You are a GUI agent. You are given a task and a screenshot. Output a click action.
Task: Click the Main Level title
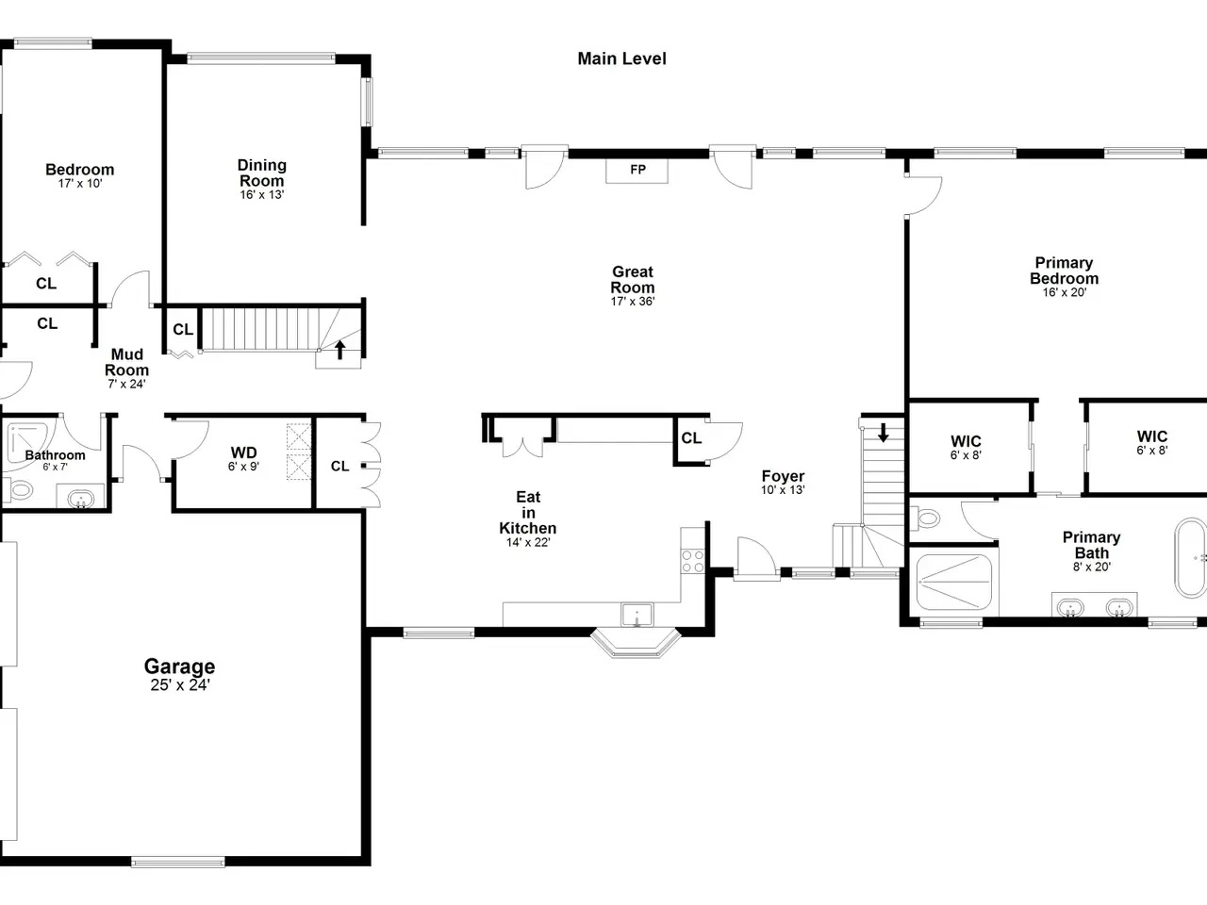click(621, 58)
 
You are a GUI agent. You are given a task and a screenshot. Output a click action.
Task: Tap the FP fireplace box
click(637, 171)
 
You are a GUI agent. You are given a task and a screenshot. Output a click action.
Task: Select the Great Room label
click(633, 280)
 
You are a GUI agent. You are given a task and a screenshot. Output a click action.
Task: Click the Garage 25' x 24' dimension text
click(180, 684)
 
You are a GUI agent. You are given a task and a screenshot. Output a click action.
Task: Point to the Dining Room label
click(262, 173)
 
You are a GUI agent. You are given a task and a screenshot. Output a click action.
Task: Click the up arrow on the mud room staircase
click(339, 350)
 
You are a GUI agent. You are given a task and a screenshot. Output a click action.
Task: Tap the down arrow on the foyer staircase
click(884, 433)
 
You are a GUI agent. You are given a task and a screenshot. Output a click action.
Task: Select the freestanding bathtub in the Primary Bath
click(1191, 558)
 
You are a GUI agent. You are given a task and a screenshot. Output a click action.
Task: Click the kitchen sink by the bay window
click(637, 615)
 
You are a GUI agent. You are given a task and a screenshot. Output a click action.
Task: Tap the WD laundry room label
click(243, 452)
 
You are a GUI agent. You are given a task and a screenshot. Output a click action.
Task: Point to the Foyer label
click(783, 476)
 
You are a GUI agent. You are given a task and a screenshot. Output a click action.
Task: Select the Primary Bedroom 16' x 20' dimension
click(1065, 292)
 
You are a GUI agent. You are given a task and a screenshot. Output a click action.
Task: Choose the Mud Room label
click(127, 362)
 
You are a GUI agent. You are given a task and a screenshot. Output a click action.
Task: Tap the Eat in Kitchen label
click(528, 513)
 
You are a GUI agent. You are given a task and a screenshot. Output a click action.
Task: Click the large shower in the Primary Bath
click(954, 582)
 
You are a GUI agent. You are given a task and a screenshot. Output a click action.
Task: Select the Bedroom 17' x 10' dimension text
click(80, 184)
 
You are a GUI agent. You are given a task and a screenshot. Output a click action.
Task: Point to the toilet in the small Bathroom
click(18, 489)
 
